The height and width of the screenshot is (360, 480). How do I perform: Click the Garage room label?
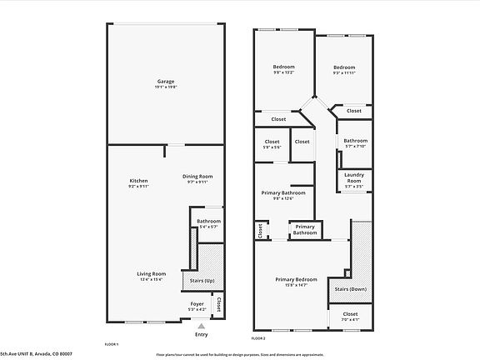(166, 81)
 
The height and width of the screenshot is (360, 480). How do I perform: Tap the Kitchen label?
(137, 181)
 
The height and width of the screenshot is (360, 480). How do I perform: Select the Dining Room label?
(198, 176)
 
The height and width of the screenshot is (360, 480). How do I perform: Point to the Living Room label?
(152, 273)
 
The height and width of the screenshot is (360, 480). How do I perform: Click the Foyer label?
(197, 304)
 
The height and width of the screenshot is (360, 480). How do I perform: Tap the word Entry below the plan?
(201, 334)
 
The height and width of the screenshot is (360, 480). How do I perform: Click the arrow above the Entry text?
(201, 325)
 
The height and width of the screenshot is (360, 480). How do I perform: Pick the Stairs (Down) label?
(350, 288)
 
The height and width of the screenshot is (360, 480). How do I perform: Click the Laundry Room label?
(354, 178)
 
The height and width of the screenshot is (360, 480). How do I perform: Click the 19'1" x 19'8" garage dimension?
(166, 87)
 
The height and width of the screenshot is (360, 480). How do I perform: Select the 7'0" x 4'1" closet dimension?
(350, 319)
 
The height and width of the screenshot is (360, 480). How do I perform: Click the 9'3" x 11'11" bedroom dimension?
(344, 72)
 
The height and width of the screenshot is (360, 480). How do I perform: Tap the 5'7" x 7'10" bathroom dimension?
(356, 147)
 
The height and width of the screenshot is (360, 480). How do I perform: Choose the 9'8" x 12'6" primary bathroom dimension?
(283, 198)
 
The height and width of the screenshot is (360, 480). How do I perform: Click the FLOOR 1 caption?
(112, 343)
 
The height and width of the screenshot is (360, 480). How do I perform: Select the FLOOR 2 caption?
(258, 339)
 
